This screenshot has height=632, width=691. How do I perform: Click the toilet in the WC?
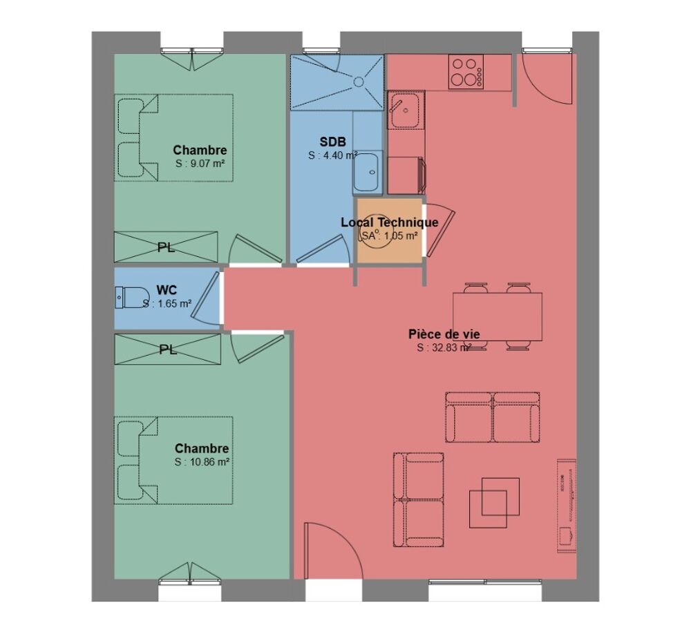(132, 297)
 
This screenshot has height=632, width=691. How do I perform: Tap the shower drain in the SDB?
(358, 82)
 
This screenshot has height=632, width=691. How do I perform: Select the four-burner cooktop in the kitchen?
(466, 73)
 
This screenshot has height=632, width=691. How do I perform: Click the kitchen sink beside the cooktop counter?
(406, 110)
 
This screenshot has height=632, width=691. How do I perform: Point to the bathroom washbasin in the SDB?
(367, 173)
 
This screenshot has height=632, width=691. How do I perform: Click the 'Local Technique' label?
(390, 222)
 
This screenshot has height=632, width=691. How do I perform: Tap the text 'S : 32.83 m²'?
(444, 347)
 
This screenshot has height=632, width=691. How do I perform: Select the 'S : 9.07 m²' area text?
(200, 164)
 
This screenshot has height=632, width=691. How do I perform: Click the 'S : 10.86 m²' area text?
(202, 462)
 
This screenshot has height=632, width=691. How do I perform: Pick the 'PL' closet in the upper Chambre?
(166, 247)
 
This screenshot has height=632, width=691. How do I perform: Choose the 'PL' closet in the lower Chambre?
(168, 349)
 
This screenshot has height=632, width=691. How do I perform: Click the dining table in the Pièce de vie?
(498, 316)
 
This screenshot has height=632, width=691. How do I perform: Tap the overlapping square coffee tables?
(494, 503)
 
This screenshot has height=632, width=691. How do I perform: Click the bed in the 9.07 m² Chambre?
(173, 137)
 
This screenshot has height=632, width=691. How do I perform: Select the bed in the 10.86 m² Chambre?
(173, 460)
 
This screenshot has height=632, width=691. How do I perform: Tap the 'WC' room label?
(167, 290)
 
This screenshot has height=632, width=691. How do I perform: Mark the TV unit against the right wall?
(567, 505)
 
